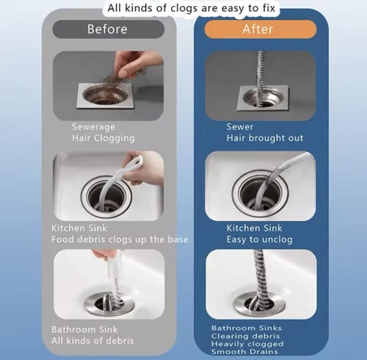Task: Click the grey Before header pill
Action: point(109,29)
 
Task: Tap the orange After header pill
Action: point(261,29)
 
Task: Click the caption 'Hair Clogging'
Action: point(103,138)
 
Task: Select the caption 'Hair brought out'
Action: point(265,138)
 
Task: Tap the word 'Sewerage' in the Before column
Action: point(93,127)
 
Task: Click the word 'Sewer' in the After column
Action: point(240,126)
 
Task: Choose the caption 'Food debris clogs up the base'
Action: point(120,240)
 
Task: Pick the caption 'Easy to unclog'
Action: point(259,240)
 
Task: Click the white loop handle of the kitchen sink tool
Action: point(134,162)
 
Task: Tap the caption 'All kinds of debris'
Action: point(92,341)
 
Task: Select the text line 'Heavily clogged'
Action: point(247,344)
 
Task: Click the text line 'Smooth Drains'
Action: point(244,352)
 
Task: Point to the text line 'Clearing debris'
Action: point(245,336)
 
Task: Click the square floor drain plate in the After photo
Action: point(263,98)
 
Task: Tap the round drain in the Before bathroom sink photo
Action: point(109,303)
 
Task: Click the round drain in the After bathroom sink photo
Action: point(260,303)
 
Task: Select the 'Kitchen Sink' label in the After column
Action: point(254,228)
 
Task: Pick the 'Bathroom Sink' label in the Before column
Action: point(84,330)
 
